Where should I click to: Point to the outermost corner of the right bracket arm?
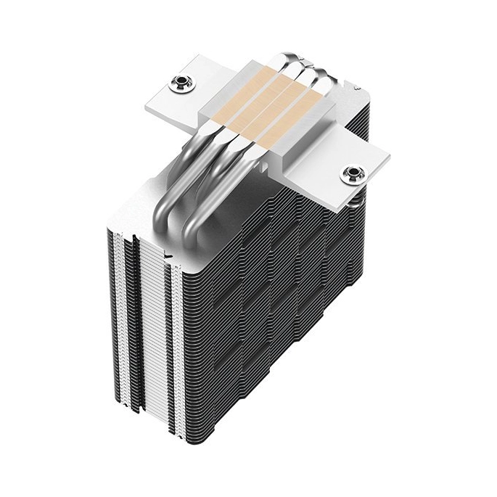[x=390, y=157]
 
